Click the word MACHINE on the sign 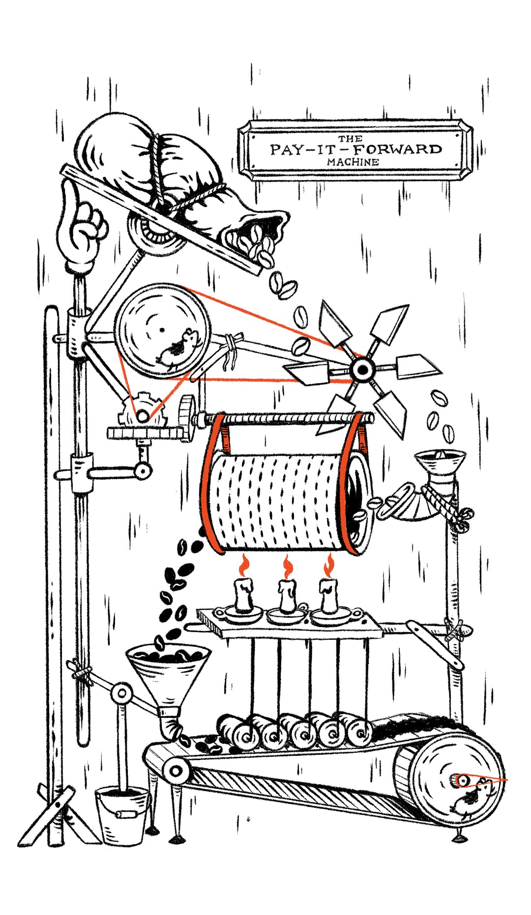click(x=353, y=161)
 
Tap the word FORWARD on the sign click(x=397, y=149)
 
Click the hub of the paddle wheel click(x=363, y=370)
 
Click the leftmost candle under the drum click(x=244, y=596)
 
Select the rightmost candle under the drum click(x=328, y=596)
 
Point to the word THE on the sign click(x=350, y=139)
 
